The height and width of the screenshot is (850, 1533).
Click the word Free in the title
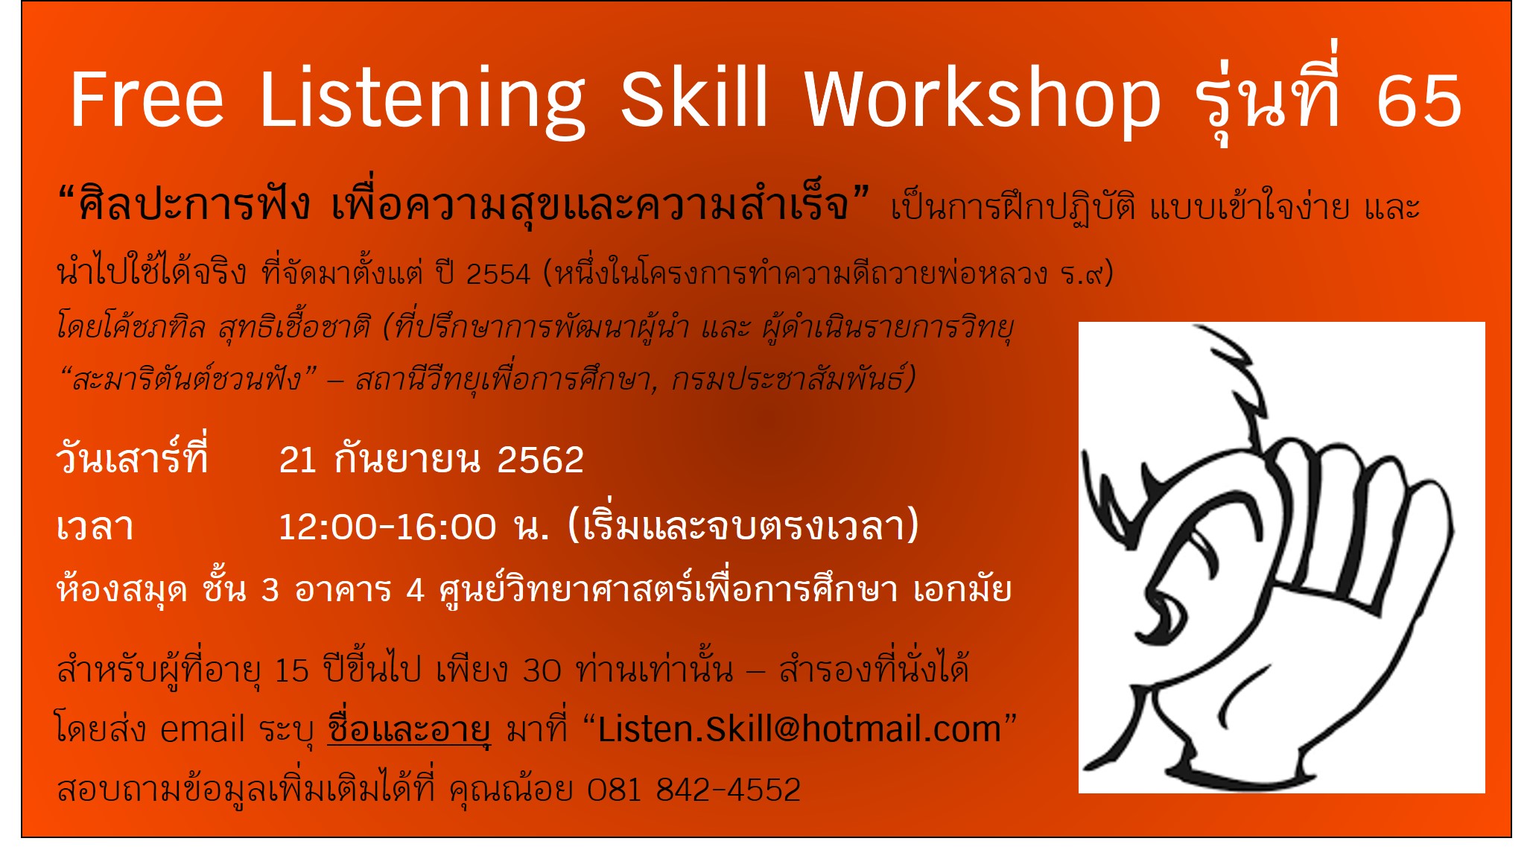tap(147, 99)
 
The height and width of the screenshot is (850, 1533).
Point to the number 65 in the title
tap(1419, 101)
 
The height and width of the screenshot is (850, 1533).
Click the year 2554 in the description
tap(498, 274)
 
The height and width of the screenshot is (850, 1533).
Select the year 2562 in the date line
tap(540, 460)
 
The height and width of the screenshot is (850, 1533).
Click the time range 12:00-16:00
tap(387, 527)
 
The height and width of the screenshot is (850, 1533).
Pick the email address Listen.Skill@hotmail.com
tap(799, 729)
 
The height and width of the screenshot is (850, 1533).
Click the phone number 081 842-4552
tap(693, 790)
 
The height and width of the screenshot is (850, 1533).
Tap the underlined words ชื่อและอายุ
tap(409, 728)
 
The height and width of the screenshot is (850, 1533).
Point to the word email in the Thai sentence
tap(202, 729)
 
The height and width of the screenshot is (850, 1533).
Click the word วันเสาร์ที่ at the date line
tap(132, 456)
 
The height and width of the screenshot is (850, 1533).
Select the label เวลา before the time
tap(95, 527)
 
